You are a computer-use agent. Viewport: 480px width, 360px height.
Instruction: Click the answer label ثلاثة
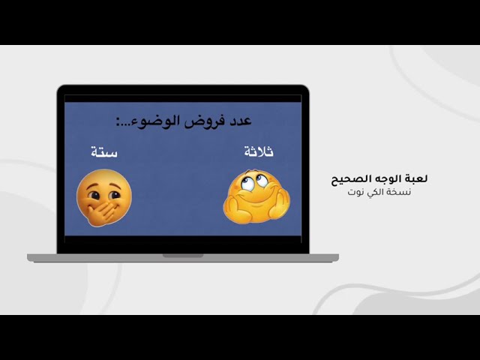[x=259, y=152]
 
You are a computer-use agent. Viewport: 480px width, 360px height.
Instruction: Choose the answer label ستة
[x=104, y=152]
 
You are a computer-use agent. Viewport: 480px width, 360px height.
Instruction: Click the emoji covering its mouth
[x=103, y=197]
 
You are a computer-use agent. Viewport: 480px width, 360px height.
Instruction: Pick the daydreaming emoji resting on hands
[x=256, y=196]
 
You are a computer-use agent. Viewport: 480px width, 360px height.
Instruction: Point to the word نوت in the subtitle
[x=355, y=192]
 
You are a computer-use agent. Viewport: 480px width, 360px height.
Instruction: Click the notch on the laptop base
[x=183, y=256]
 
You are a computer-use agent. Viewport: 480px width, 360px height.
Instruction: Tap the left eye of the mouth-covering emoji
[x=94, y=189]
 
